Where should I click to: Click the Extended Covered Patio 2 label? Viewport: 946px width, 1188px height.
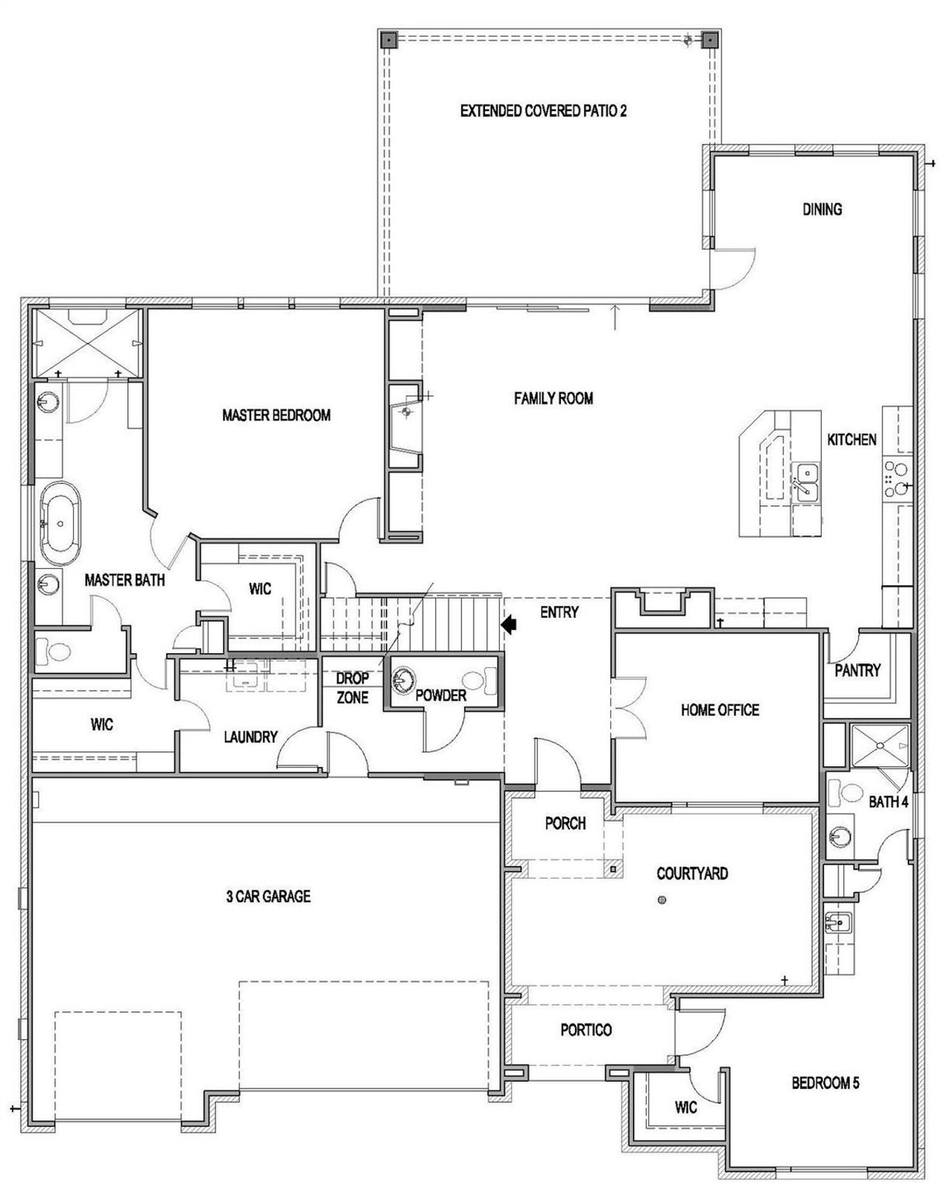[x=543, y=112]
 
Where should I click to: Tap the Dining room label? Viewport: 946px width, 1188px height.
[x=822, y=209]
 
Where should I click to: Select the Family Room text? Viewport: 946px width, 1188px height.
[x=553, y=398]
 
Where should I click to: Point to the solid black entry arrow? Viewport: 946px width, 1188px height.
[x=510, y=625]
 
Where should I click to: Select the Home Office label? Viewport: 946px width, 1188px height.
[x=719, y=710]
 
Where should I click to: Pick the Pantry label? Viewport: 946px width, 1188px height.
[x=857, y=670]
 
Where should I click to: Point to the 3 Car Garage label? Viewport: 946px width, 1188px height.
[x=268, y=896]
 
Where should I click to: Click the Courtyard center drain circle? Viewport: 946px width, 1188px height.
[x=661, y=899]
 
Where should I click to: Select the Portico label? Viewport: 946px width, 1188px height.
[x=585, y=1029]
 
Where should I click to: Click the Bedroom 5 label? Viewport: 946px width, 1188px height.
[x=825, y=1083]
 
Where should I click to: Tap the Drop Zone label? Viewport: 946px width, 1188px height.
[x=352, y=687]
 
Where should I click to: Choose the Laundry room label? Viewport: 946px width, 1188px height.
[x=251, y=737]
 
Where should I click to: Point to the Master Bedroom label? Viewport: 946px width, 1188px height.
[x=276, y=415]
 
